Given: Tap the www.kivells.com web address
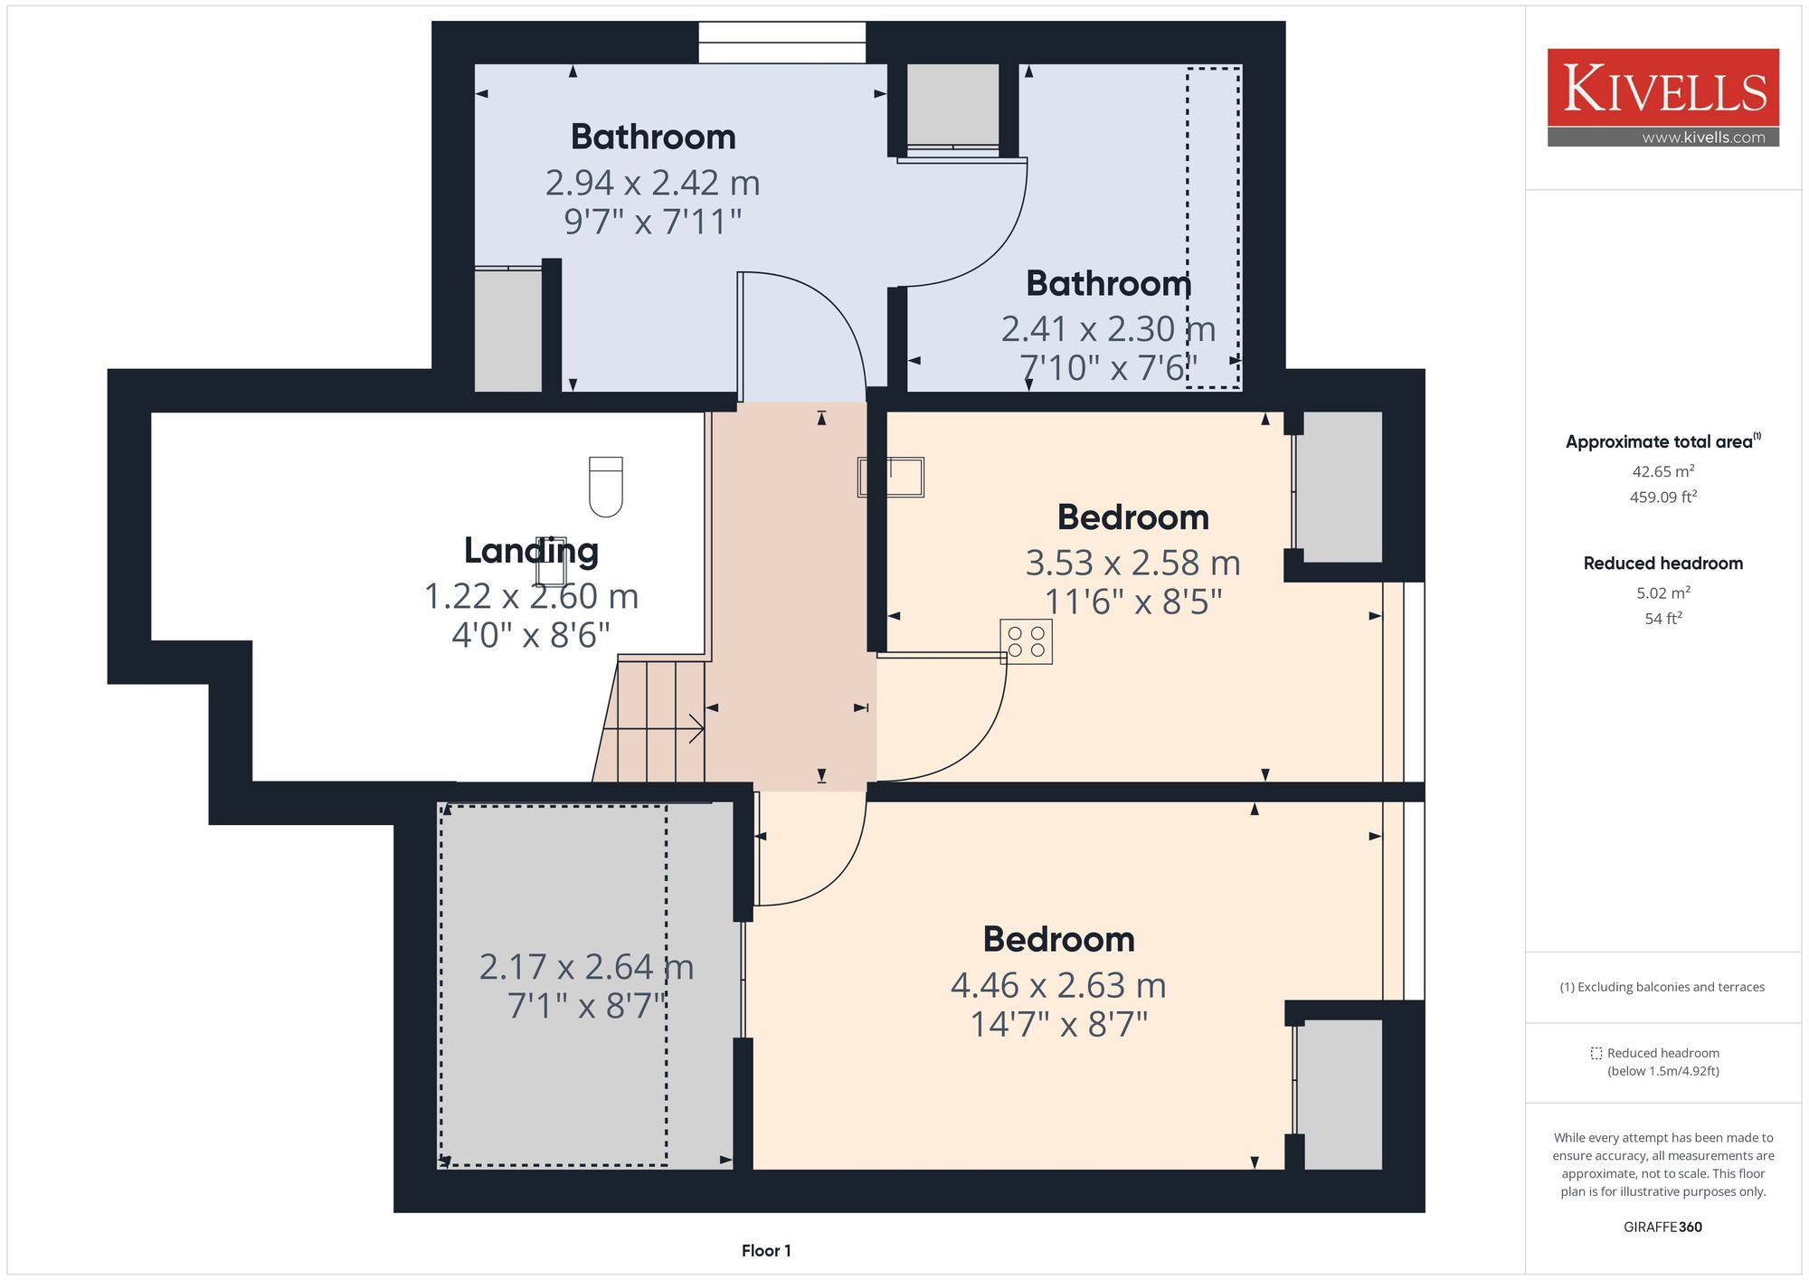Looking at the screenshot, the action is (x=1703, y=137).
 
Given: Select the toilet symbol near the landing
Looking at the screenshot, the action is (x=606, y=487).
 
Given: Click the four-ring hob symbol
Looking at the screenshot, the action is (x=1027, y=641).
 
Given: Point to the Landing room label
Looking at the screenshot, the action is (x=531, y=551).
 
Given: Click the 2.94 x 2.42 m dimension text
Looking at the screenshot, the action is (x=652, y=183).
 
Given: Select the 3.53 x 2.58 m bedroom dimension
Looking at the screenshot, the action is (x=1132, y=563).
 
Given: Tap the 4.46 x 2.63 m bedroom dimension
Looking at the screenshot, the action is (x=1058, y=985).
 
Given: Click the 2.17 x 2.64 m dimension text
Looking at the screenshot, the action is (x=586, y=967).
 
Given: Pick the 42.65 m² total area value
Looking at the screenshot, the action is (x=1662, y=471).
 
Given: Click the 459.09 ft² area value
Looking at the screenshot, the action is (x=1662, y=497).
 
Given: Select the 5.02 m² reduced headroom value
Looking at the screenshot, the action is (x=1662, y=593).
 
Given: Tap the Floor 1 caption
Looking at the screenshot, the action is (x=766, y=1251).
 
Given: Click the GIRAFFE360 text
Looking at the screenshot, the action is (x=1662, y=1228).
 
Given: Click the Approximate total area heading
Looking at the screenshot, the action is (x=1663, y=441).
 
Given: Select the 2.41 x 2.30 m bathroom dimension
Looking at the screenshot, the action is (x=1108, y=329).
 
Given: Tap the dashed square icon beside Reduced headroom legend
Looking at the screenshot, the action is (x=1596, y=1053).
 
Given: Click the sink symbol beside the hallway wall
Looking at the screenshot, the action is (x=891, y=477).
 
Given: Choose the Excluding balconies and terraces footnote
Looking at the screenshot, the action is (x=1662, y=987).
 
